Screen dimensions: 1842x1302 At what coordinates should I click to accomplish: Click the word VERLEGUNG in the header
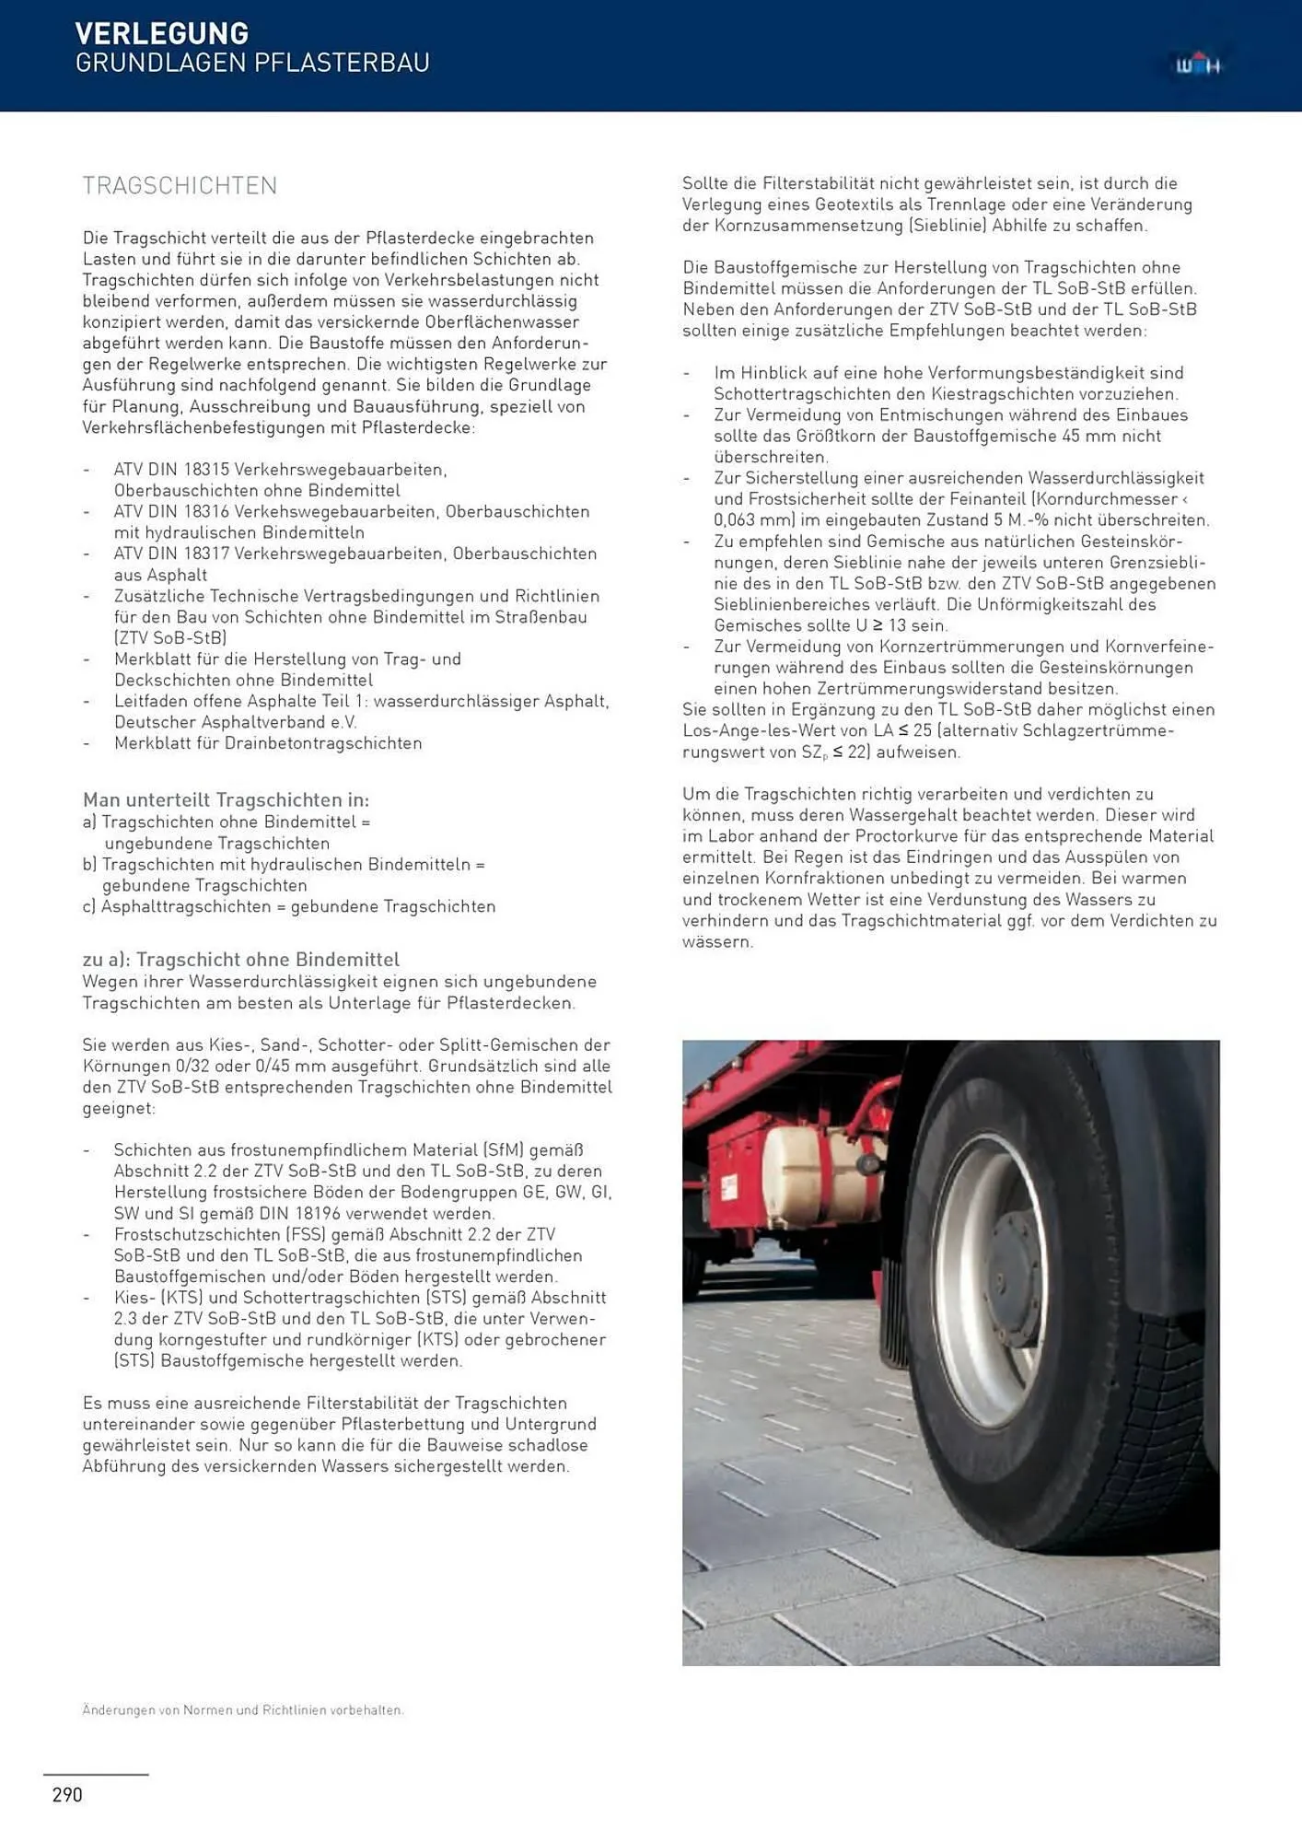coord(161,33)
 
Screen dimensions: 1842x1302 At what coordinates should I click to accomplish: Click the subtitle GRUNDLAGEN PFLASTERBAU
coord(252,63)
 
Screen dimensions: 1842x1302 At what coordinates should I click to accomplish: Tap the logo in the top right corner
coord(1197,65)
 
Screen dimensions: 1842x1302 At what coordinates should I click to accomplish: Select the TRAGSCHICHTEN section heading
coord(180,186)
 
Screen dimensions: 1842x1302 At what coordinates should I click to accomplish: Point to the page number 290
coord(67,1794)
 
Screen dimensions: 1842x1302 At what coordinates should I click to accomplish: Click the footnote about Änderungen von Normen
coord(243,1709)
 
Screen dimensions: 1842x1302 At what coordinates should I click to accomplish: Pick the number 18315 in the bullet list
coord(205,470)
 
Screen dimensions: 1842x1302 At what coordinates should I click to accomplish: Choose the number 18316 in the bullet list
coord(205,511)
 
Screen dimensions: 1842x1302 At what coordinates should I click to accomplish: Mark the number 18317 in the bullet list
coord(205,554)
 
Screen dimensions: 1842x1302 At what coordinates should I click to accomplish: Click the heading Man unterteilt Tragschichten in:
coord(226,799)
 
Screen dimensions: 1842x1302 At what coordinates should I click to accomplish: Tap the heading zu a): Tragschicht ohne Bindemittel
coord(240,959)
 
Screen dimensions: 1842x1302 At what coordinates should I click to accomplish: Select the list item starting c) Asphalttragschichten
coord(288,906)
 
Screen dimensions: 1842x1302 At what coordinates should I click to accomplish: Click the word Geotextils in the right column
coord(854,204)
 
